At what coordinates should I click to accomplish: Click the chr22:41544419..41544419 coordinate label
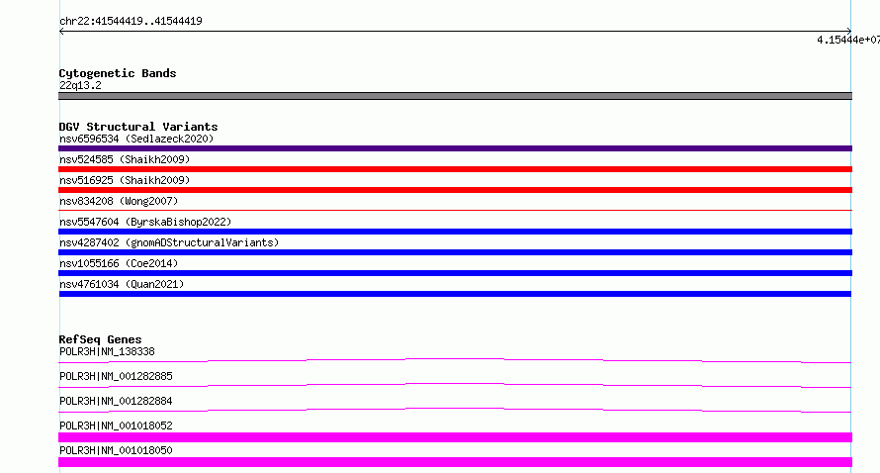(x=131, y=22)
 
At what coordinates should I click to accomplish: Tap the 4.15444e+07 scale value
(x=848, y=40)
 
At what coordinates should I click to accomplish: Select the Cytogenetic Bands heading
(x=118, y=73)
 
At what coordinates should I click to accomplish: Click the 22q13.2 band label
(x=80, y=85)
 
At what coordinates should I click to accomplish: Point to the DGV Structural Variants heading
(x=138, y=127)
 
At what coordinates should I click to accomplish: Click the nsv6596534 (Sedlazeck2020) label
(x=136, y=139)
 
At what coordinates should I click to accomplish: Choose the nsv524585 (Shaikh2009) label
(x=125, y=159)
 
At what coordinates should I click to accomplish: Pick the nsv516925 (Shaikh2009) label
(x=125, y=180)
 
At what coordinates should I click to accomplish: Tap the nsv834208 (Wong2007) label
(x=119, y=201)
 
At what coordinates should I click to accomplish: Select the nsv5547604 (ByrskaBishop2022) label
(x=145, y=222)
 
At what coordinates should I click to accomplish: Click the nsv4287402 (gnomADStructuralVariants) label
(x=169, y=242)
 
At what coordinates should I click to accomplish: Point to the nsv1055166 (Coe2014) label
(x=119, y=263)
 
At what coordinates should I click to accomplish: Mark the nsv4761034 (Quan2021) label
(x=122, y=284)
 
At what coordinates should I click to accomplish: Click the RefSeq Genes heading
(x=100, y=339)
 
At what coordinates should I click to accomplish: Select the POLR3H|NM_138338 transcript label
(x=107, y=351)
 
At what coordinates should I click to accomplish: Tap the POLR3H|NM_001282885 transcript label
(x=116, y=376)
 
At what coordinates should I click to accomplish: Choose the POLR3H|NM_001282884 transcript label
(x=116, y=401)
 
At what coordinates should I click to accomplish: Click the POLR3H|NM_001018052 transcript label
(x=116, y=426)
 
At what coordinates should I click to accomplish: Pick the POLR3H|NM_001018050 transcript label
(x=116, y=450)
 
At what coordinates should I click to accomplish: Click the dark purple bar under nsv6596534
(x=455, y=148)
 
